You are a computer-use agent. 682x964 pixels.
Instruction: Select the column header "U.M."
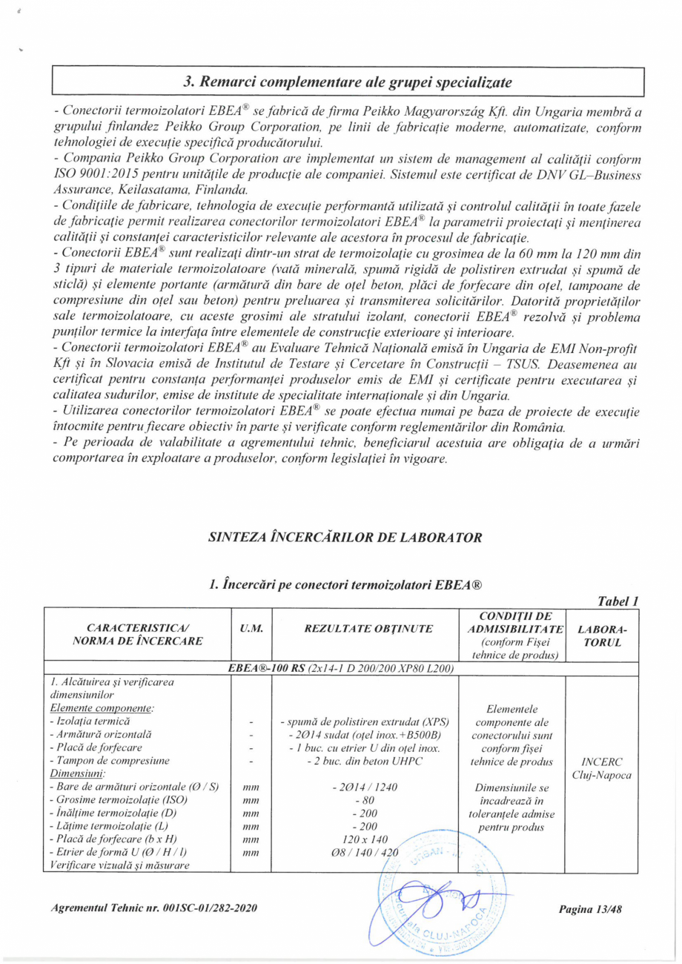pyautogui.click(x=249, y=629)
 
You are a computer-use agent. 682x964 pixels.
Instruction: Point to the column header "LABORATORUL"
pyautogui.click(x=601, y=635)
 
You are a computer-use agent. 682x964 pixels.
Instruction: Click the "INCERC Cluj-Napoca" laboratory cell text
pyautogui.click(x=601, y=768)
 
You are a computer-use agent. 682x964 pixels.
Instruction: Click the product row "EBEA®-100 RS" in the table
pyautogui.click(x=342, y=668)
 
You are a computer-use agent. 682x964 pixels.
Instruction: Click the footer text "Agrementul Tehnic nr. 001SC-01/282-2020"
pyautogui.click(x=145, y=909)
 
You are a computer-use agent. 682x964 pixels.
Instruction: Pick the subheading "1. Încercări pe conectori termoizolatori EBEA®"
pyautogui.click(x=347, y=586)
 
